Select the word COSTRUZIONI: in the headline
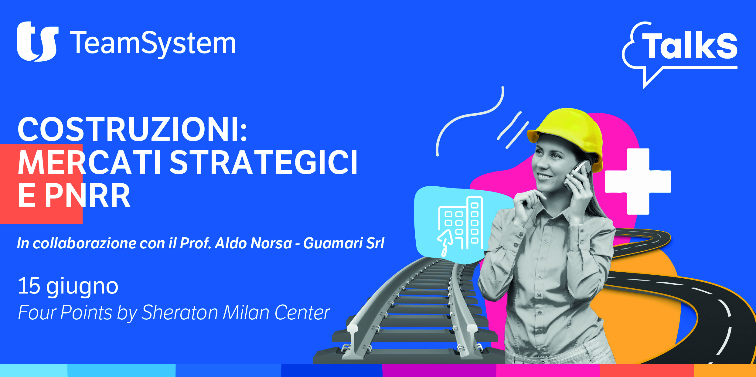click(132, 129)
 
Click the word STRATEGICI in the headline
click(264, 163)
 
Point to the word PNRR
click(88, 196)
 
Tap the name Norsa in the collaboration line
click(271, 243)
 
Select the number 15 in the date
click(29, 286)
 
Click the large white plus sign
click(638, 182)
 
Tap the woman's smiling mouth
click(544, 176)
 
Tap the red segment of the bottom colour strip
click(647, 371)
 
